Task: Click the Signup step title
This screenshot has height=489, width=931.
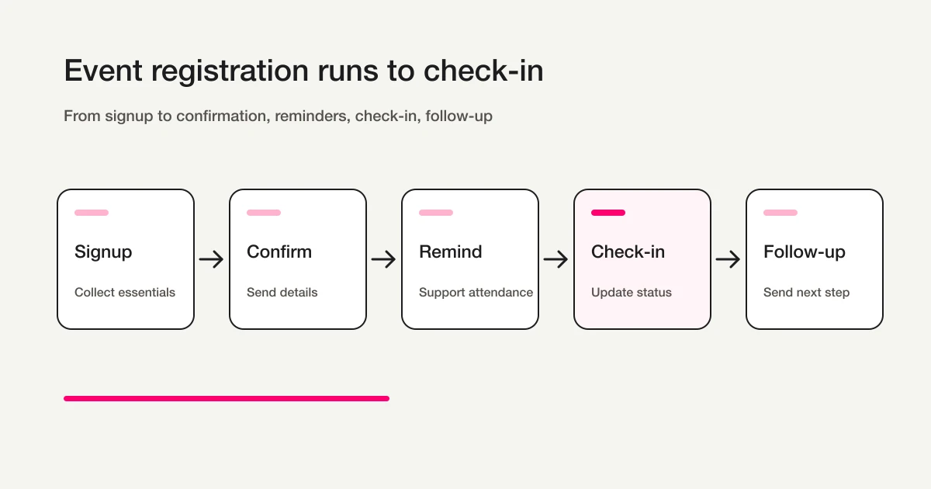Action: [x=103, y=252]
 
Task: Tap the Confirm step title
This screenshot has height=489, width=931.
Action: [x=279, y=252]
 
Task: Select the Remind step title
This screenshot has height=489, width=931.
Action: [x=451, y=252]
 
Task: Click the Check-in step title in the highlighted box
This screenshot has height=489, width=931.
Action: [x=628, y=252]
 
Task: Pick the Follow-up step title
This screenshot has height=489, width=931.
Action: [x=805, y=252]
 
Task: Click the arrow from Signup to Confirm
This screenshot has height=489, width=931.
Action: [x=211, y=259]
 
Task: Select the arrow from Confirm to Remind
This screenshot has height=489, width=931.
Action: [x=383, y=259]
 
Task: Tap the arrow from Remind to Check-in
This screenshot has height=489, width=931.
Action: [x=555, y=259]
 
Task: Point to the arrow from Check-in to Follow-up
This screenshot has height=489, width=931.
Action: [x=728, y=259]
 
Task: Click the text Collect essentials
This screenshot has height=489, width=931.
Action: [x=125, y=293]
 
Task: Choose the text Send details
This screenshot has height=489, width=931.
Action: [x=282, y=293]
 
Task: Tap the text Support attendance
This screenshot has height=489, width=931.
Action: [x=476, y=293]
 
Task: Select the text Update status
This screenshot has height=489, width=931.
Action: [x=632, y=293]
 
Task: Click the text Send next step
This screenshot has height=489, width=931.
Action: [x=806, y=293]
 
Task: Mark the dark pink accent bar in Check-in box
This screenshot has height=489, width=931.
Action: [x=608, y=213]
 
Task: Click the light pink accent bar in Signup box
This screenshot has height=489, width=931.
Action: [x=92, y=213]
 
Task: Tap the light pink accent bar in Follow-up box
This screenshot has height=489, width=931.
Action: [x=780, y=213]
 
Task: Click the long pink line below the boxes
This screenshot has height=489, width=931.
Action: [x=227, y=398]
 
